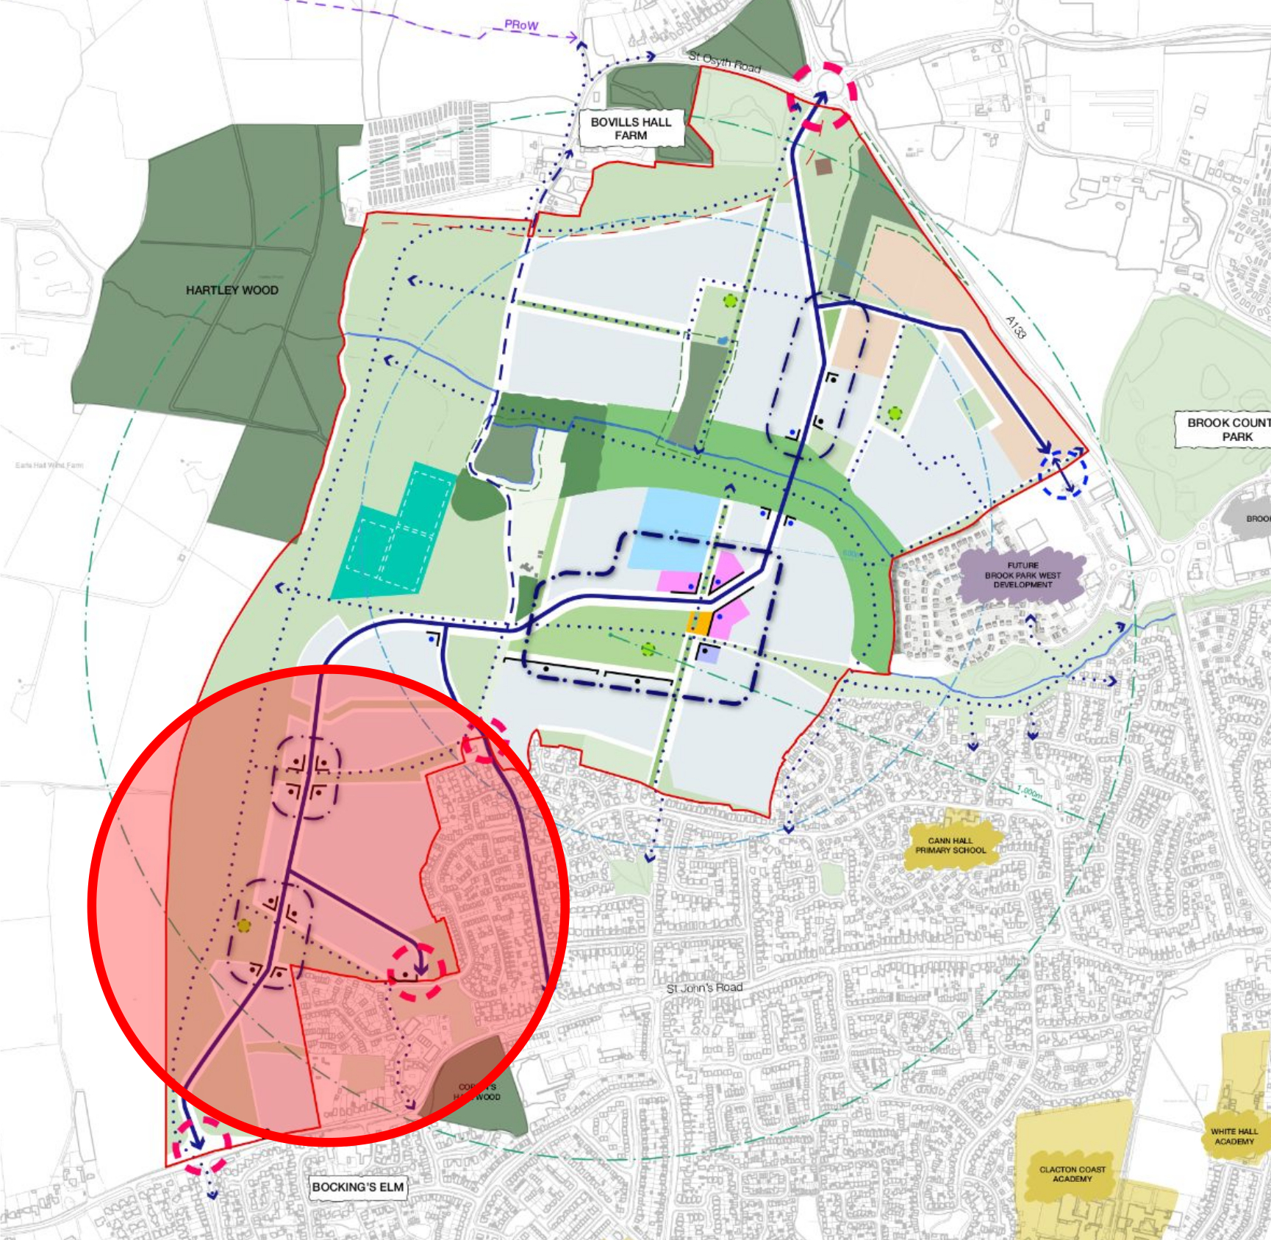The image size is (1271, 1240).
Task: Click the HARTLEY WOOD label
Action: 232,290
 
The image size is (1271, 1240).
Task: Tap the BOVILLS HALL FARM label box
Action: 631,129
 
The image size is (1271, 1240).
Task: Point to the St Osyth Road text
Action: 724,62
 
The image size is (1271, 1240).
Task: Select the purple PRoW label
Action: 521,25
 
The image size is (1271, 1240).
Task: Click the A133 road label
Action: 1015,327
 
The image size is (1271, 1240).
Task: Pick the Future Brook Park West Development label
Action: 1023,575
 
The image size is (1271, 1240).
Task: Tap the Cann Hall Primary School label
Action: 950,845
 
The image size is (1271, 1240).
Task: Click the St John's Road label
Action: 704,988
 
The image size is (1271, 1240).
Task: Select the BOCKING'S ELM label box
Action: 358,1186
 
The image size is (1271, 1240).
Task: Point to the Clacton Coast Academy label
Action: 1072,1174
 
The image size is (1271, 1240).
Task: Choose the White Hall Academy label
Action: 1234,1136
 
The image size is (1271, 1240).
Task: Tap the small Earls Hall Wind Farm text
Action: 49,465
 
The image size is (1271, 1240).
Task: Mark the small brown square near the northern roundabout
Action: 823,167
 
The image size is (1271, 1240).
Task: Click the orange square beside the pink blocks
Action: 699,623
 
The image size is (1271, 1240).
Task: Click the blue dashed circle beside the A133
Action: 1063,474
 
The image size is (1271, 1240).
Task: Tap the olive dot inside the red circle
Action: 244,926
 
